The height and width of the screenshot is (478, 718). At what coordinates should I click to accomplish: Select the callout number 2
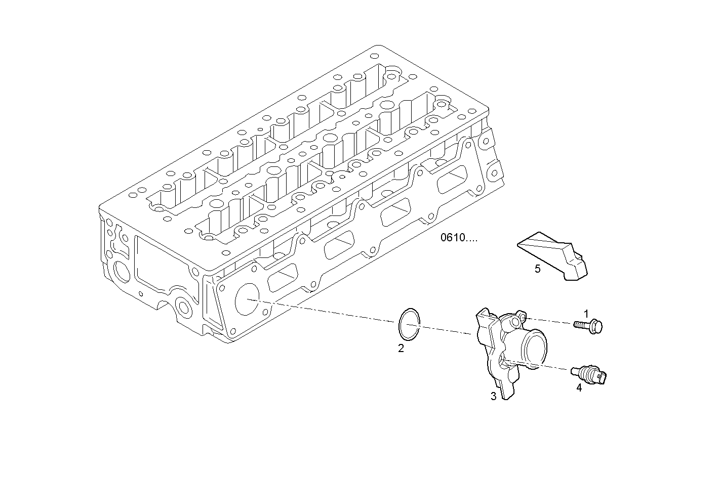point(401,349)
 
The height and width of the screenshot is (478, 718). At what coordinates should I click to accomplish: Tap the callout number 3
point(493,397)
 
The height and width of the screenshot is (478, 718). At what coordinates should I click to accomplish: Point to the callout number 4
point(579,388)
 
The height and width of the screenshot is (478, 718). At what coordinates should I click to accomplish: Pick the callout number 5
point(538,269)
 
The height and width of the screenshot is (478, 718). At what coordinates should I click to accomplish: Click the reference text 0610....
point(458,238)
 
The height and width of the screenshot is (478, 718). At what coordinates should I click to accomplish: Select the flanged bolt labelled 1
point(588,325)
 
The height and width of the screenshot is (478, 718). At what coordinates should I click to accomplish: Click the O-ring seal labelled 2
point(409,324)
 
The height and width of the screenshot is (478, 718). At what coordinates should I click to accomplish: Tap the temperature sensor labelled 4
point(590,374)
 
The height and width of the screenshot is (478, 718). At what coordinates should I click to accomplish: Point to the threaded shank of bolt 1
point(580,325)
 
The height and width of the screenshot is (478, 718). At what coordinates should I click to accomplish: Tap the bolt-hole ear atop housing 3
point(516,320)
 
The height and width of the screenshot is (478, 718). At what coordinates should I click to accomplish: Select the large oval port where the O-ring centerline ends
point(246,299)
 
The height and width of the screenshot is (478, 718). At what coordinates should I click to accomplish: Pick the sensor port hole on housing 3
point(502,360)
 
